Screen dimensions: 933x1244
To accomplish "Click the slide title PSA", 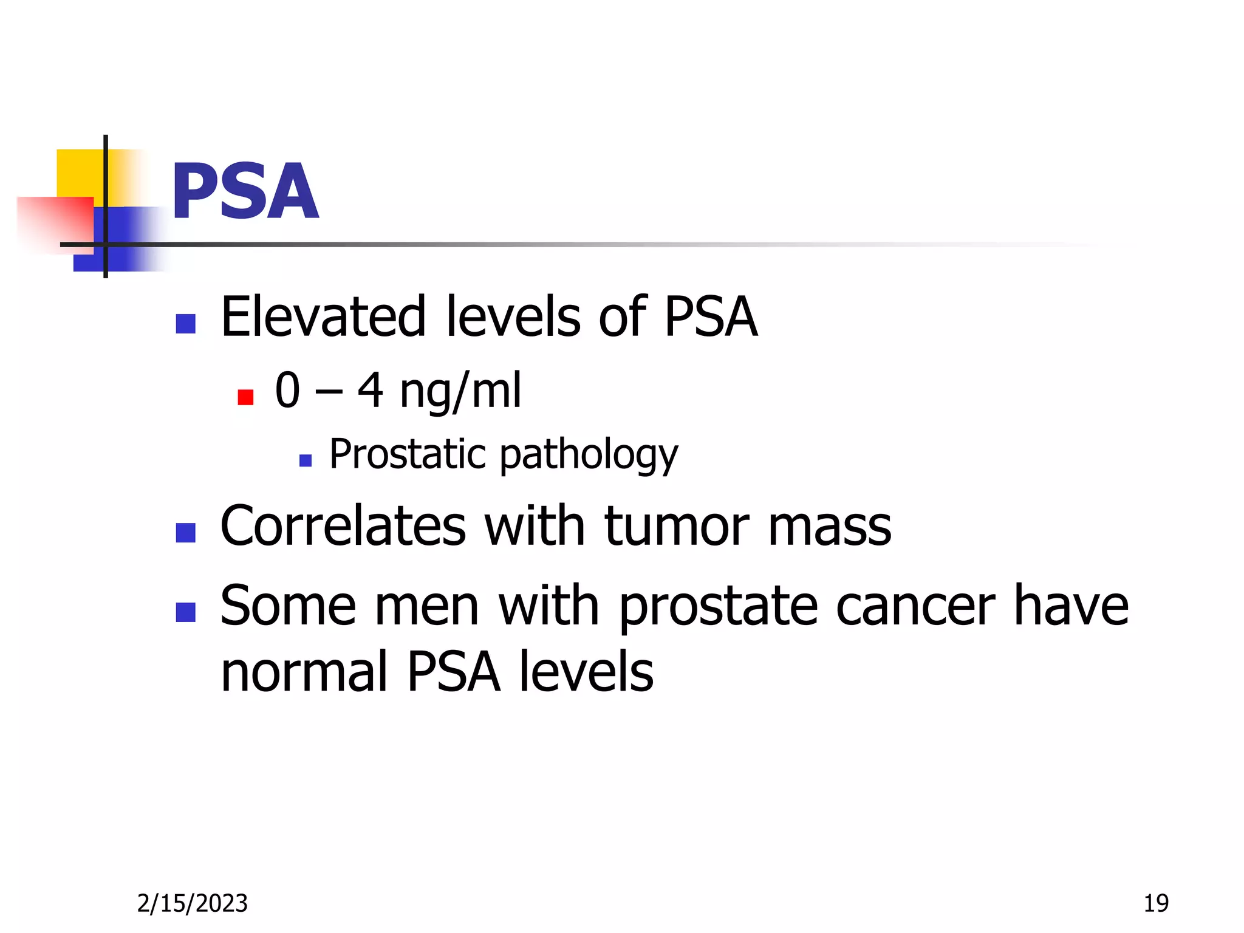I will pos(245,192).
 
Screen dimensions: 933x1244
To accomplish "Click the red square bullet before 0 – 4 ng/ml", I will pos(245,397).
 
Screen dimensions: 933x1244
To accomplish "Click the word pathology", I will pos(589,456).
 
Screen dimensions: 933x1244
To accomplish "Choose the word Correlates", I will pos(343,526).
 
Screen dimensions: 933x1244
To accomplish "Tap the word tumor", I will pos(677,526).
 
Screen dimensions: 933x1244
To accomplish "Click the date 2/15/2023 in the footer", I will pos(192,903).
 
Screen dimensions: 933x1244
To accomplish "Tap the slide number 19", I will pos(1156,903).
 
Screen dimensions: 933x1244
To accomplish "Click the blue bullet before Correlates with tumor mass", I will pos(185,533).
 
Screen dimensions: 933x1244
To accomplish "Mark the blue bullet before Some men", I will pos(185,612).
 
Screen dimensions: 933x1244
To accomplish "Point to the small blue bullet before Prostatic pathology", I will pos(306,460).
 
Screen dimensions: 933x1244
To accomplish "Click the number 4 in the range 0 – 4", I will pos(370,390).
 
